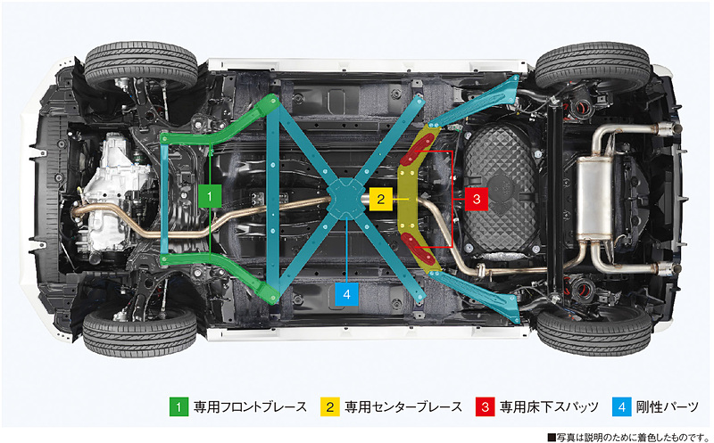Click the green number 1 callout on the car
(x=208, y=195)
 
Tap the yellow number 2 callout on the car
(x=381, y=199)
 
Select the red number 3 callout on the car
(x=477, y=199)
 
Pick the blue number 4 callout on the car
(x=347, y=291)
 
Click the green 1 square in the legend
(x=178, y=406)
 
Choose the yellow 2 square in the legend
(x=330, y=406)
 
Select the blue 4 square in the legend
(x=622, y=406)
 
